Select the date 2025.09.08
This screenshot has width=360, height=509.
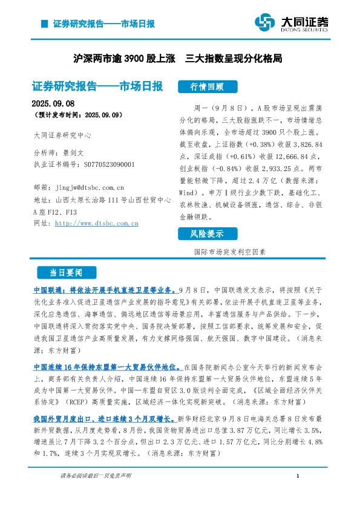(51, 102)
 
